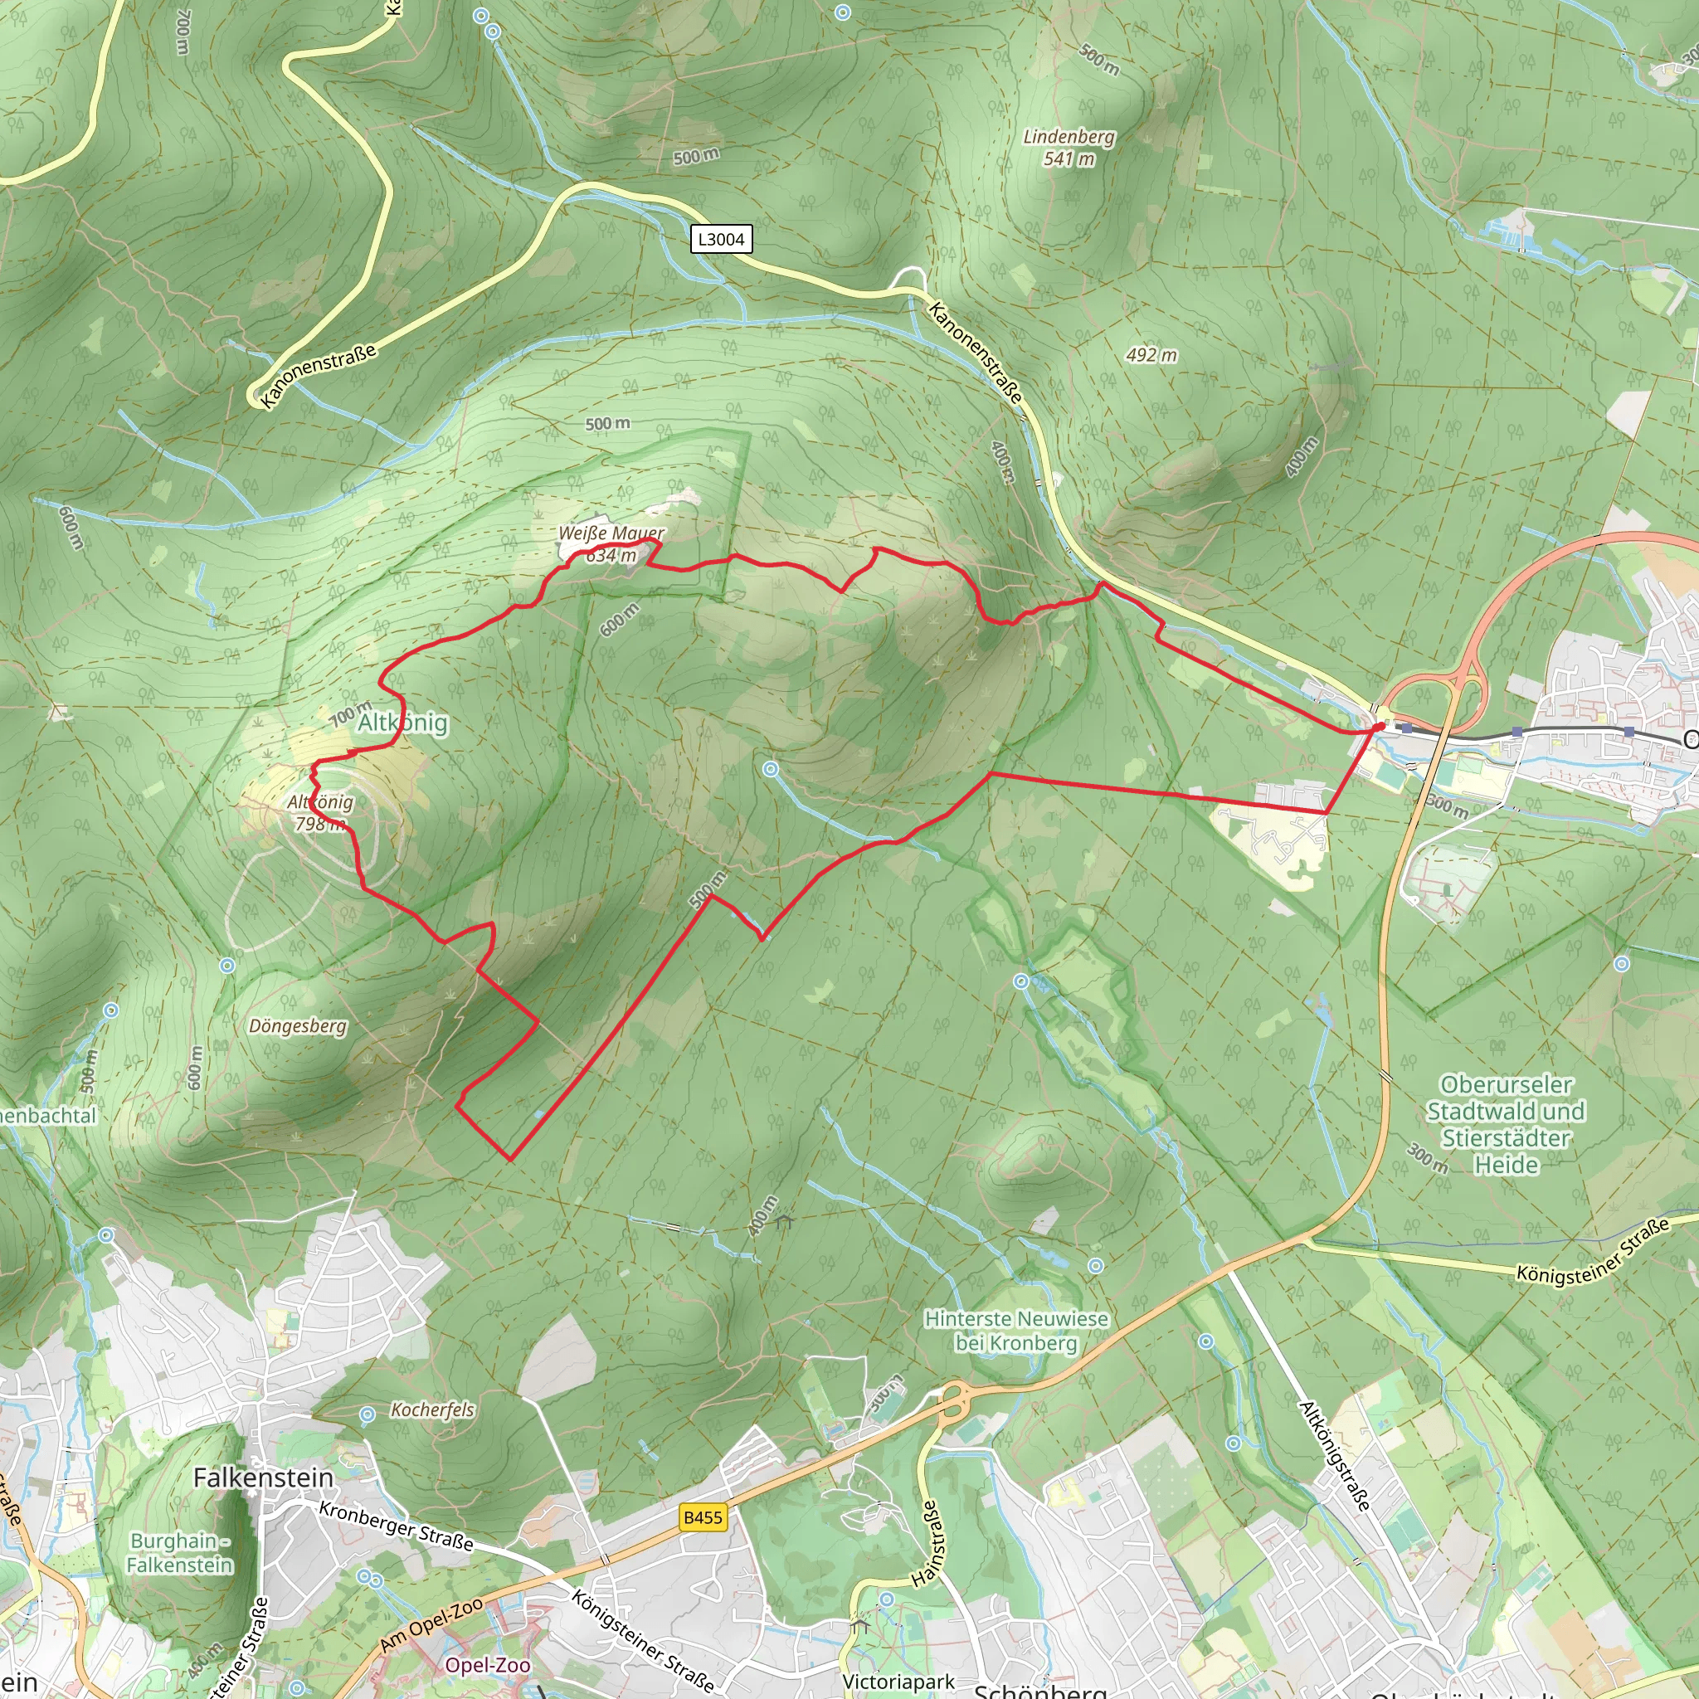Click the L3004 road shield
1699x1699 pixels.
click(x=721, y=239)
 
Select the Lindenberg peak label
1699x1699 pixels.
click(x=1069, y=137)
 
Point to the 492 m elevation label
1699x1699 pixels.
click(x=1151, y=355)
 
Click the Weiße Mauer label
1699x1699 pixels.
click(x=611, y=533)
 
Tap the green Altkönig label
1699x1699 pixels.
click(x=402, y=723)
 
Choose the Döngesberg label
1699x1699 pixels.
click(x=297, y=1026)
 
